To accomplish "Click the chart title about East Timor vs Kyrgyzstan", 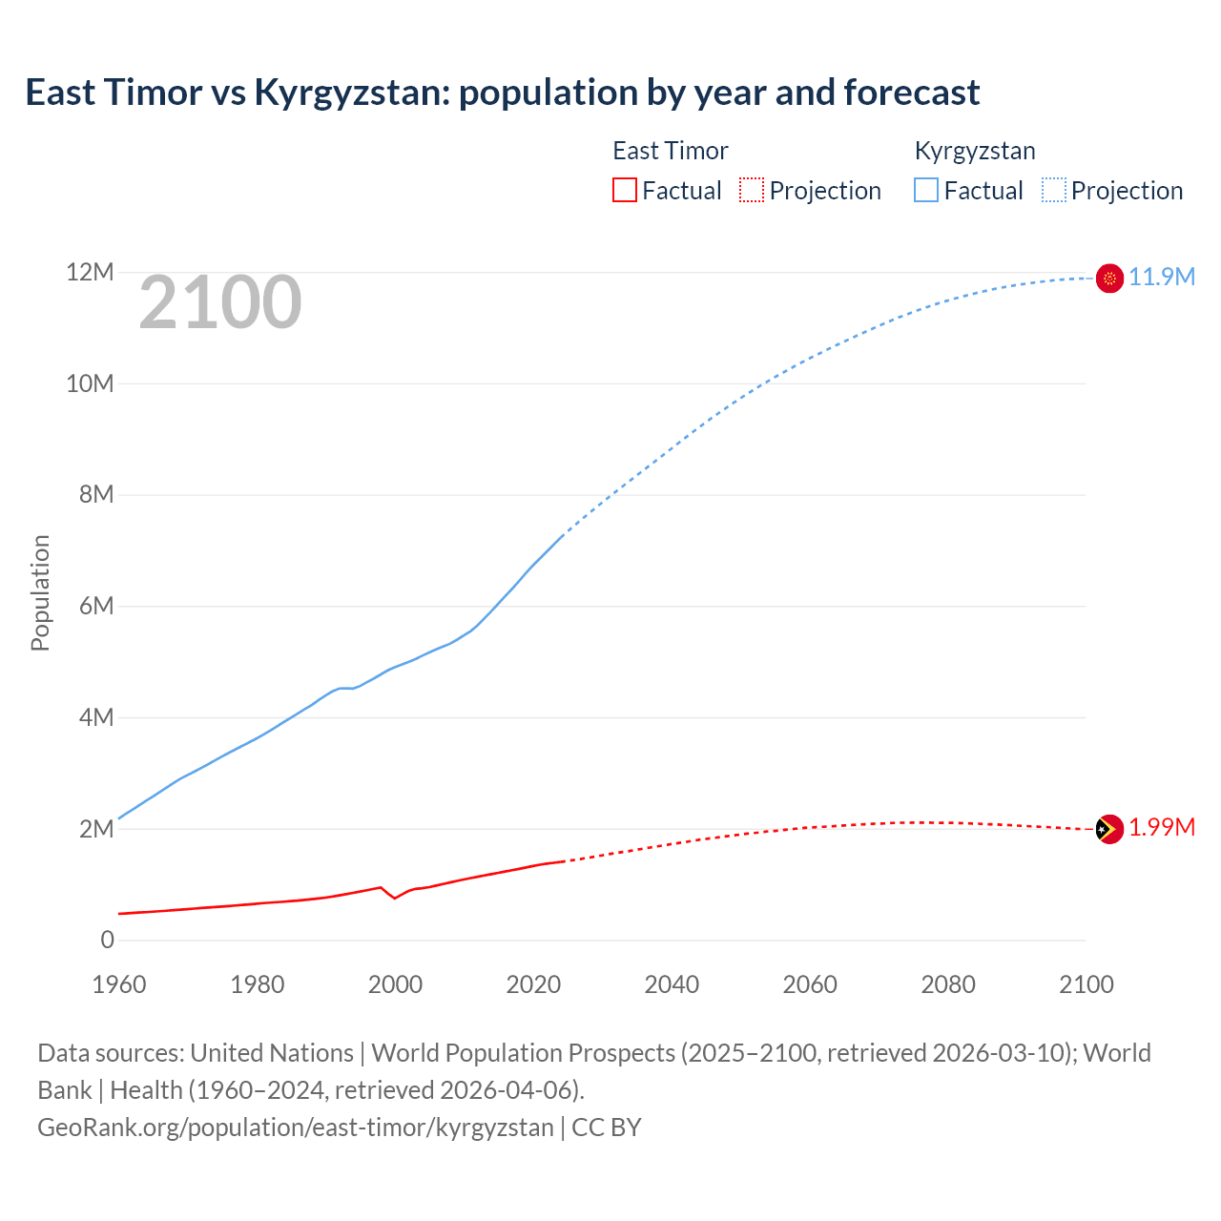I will point(502,93).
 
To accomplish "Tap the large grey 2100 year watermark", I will point(220,302).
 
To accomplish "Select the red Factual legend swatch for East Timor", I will point(624,190).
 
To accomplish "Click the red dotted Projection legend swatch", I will point(752,190).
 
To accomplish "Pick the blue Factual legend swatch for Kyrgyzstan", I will point(926,190).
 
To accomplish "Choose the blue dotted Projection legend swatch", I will point(1053,190).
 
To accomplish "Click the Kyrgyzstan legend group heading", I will point(974,151).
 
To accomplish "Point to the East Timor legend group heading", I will point(670,151).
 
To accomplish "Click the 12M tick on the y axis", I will point(90,273).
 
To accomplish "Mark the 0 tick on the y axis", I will point(107,940).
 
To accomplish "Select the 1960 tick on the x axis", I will point(119,984).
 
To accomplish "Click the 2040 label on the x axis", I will point(672,984).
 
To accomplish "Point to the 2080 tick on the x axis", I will point(948,984).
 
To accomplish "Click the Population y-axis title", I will point(40,592).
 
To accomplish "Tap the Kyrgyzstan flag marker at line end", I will point(1109,278).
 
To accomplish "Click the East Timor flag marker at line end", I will point(1109,829).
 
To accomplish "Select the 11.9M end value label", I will point(1162,277).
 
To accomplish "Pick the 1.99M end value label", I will point(1162,827).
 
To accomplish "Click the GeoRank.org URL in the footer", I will point(296,1128).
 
